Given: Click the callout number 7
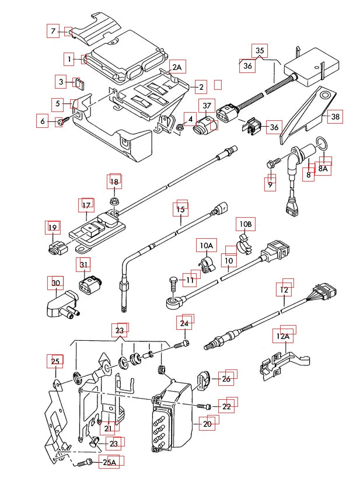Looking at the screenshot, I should pos(54,31).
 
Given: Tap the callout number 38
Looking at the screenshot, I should pos(335,117).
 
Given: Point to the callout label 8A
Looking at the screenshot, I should pos(323,168).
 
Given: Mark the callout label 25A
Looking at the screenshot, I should pos(109,463).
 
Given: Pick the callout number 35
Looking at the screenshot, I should pos(260,51).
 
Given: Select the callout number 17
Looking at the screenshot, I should pos(86,205).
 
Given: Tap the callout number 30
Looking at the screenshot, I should pos(56,284).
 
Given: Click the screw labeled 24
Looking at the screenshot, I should pos(184,344).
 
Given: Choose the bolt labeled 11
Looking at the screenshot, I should pos(172,282).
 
